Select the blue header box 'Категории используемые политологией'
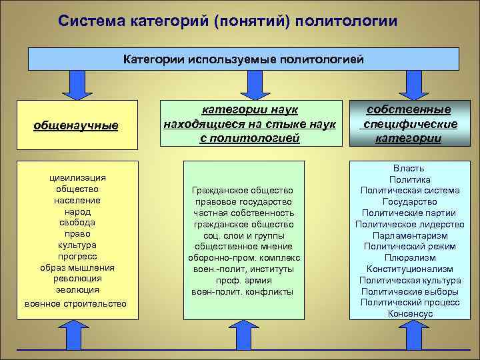pyautogui.click(x=243, y=59)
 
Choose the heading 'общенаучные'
pyautogui.click(x=76, y=125)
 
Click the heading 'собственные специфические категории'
pyautogui.click(x=408, y=124)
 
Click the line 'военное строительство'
pyautogui.click(x=75, y=304)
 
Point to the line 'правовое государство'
pyautogui.click(x=243, y=202)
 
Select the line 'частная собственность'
pyautogui.click(x=243, y=213)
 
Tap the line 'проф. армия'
pyautogui.click(x=243, y=281)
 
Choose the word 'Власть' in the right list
pyautogui.click(x=409, y=168)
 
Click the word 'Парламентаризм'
pyautogui.click(x=409, y=235)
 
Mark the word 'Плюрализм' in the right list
pyautogui.click(x=409, y=257)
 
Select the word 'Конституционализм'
pyautogui.click(x=409, y=269)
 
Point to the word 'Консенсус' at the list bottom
pyautogui.click(x=409, y=313)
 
